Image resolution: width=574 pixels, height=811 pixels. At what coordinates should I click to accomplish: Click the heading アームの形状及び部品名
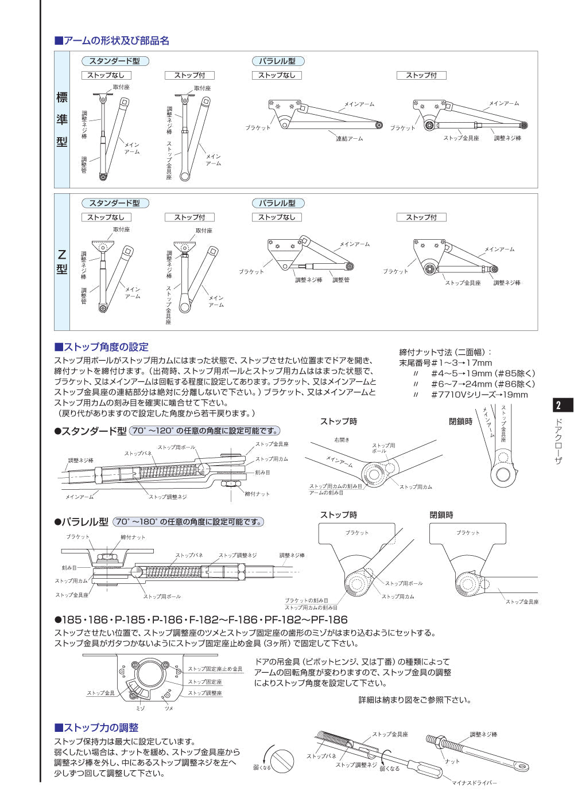tap(112, 41)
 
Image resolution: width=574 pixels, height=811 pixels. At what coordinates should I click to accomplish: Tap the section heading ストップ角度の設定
tap(102, 347)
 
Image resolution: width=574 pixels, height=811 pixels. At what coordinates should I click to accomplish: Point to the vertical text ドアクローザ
tap(559, 441)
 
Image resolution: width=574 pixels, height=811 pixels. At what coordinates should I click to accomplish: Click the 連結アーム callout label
tap(349, 139)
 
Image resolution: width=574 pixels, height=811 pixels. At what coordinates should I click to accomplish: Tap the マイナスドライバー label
tap(474, 783)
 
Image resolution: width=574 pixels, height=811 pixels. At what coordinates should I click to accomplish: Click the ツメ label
tap(169, 708)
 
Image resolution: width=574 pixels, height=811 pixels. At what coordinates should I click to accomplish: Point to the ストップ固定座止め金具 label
tap(215, 669)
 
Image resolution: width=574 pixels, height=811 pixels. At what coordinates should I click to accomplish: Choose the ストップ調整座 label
tap(205, 693)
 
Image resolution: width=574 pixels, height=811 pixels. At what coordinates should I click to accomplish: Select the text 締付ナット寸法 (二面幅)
tap(445, 352)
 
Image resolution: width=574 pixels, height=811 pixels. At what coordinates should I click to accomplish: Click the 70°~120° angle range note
tap(205, 431)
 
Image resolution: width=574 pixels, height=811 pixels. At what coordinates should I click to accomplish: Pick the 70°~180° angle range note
tap(188, 522)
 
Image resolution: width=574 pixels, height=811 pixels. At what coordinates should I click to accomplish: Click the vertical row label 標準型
tap(62, 119)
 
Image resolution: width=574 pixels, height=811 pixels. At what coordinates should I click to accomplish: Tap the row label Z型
tap(62, 262)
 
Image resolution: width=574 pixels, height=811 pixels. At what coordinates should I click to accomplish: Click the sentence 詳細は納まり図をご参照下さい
tap(415, 700)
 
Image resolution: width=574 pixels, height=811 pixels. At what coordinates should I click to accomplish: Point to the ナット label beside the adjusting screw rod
tap(452, 761)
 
